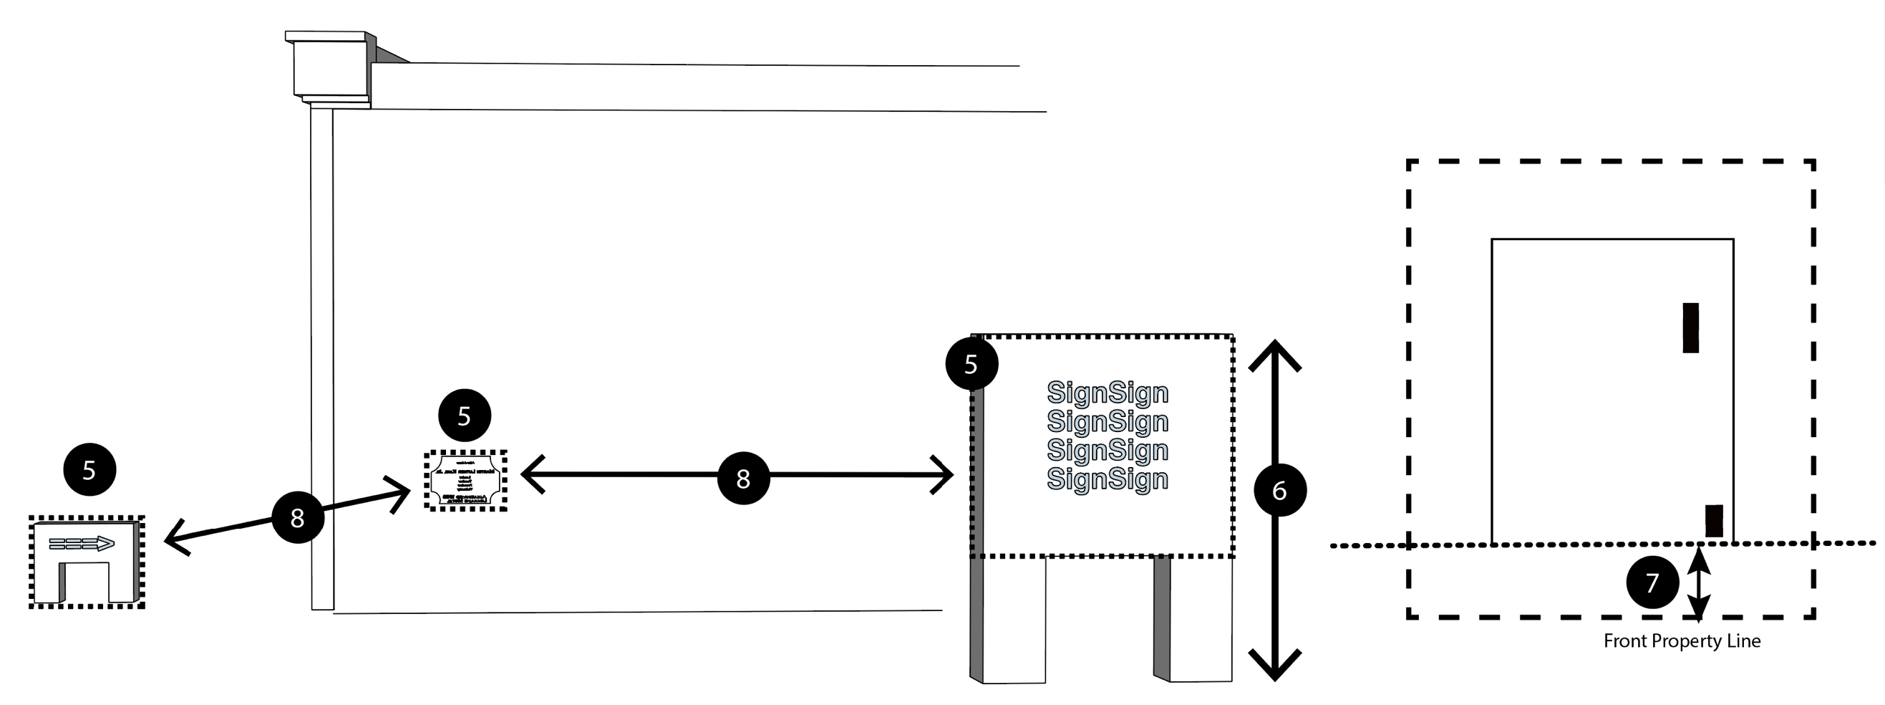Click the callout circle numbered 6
1280,490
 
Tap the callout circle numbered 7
1652,582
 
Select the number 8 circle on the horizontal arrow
742,478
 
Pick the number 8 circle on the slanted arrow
297,517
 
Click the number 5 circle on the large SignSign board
971,363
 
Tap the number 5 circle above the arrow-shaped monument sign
89,469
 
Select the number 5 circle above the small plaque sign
464,415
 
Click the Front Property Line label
1682,641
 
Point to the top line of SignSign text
1107,393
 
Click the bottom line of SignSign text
1107,479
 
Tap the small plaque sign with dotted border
466,480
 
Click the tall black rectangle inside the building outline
1690,327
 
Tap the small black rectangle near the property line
1714,521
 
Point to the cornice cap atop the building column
329,67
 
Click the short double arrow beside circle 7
1698,583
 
